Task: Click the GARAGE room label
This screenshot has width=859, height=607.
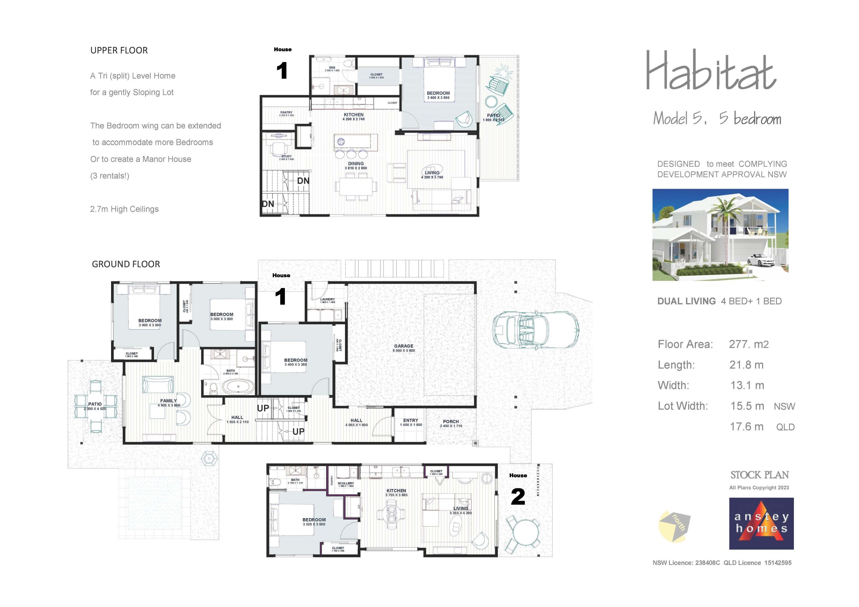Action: tap(403, 346)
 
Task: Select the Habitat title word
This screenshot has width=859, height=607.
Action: tap(711, 71)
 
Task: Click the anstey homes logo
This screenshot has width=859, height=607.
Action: tap(761, 523)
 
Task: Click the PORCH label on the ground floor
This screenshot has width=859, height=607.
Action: tap(451, 422)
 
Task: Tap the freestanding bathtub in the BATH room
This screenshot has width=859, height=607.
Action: tap(238, 387)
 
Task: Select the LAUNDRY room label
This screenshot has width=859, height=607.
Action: tap(327, 299)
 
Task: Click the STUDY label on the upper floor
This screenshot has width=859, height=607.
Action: tap(287, 156)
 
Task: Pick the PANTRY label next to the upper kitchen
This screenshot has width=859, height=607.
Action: tap(286, 112)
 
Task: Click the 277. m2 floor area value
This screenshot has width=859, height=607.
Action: tap(749, 344)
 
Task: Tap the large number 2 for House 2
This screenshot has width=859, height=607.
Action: tap(518, 497)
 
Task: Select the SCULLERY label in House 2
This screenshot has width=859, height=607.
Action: tap(345, 483)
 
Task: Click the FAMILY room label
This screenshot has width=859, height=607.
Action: tap(168, 400)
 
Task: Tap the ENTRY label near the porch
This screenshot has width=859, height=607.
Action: tap(410, 421)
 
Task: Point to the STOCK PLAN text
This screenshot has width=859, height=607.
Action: tap(759, 475)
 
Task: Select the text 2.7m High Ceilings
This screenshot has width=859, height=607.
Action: tap(124, 209)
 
